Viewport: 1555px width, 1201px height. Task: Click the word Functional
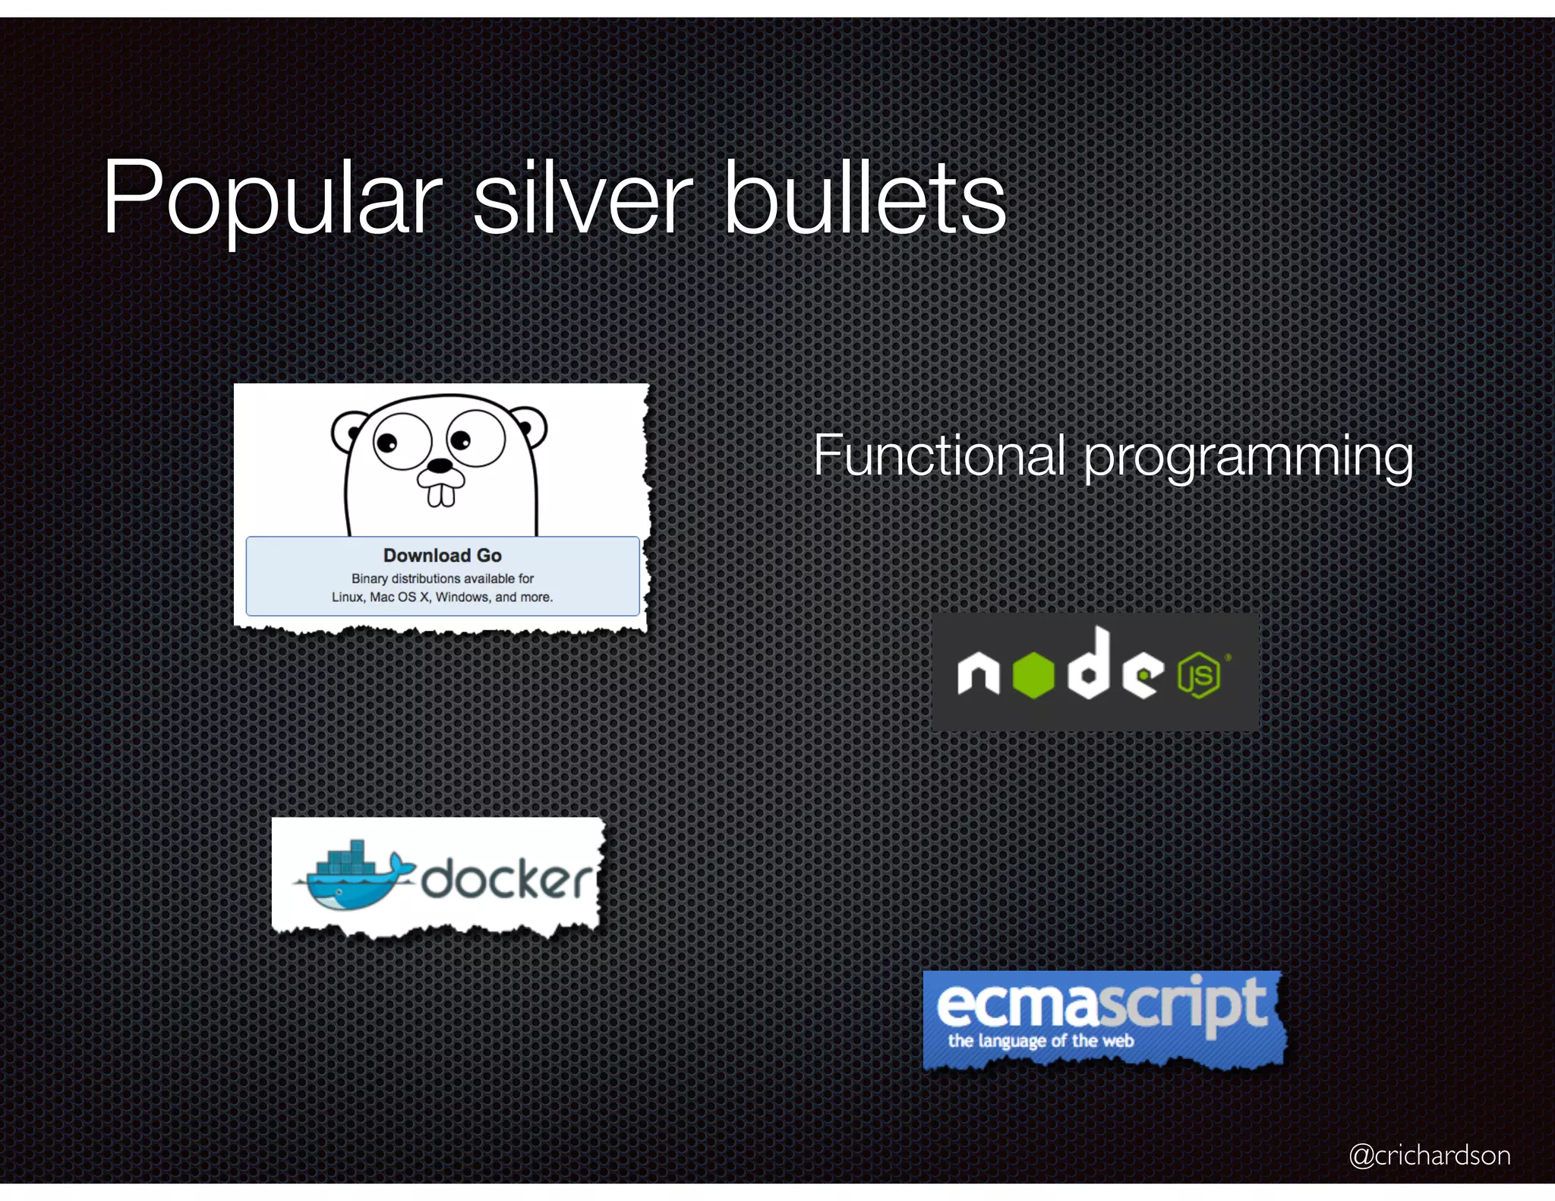point(938,455)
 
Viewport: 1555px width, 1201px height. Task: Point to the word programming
point(1248,457)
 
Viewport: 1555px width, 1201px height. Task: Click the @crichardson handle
point(1430,1155)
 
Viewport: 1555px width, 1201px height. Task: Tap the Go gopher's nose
point(440,465)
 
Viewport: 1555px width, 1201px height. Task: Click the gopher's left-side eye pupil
point(386,443)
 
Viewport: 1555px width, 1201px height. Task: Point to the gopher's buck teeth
point(441,493)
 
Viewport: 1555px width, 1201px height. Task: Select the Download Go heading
point(442,555)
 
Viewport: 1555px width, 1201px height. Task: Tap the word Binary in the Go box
point(369,578)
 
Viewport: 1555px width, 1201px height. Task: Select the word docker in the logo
point(506,881)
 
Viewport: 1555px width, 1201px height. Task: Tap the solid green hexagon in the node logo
point(1033,673)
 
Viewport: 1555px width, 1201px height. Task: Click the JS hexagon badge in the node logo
point(1199,675)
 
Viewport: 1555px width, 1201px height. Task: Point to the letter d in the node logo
point(1091,664)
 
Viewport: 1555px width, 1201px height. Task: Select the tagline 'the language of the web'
point(1040,1041)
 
